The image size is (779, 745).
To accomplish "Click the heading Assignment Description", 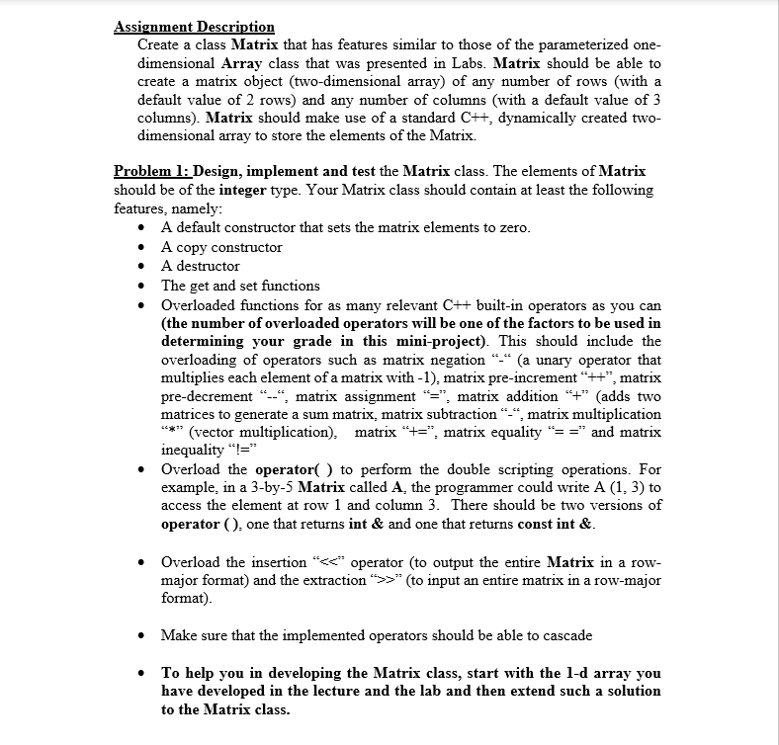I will pos(194,27).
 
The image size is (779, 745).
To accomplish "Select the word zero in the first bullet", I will pos(512,228).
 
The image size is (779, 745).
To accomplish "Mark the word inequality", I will pos(197,452).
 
